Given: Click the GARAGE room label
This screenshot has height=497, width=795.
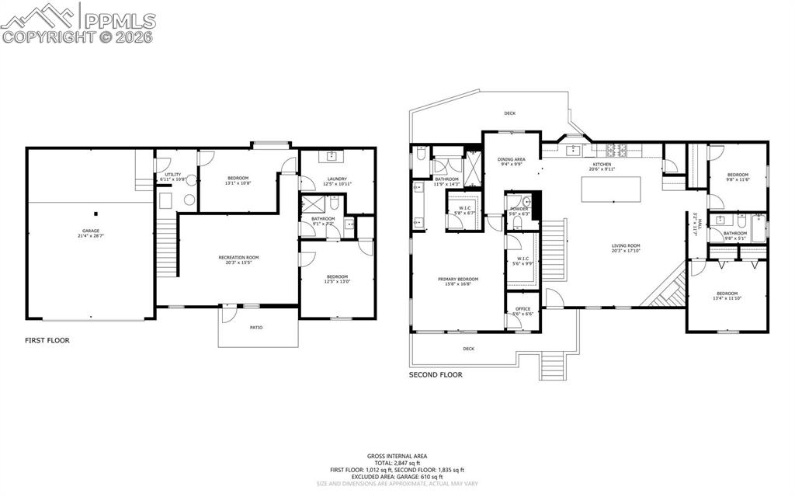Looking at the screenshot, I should pyautogui.click(x=92, y=231).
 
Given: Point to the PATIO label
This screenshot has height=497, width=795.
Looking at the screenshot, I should pyautogui.click(x=256, y=327).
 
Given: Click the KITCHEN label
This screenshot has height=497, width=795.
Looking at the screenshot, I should pyautogui.click(x=602, y=165).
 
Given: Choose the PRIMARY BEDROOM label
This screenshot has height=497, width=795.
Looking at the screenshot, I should pyautogui.click(x=458, y=280).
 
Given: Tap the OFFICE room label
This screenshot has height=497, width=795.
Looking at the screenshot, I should pyautogui.click(x=523, y=309).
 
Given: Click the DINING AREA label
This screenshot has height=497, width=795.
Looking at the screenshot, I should pyautogui.click(x=511, y=159).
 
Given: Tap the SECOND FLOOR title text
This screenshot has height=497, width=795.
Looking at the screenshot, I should pyautogui.click(x=436, y=374).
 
